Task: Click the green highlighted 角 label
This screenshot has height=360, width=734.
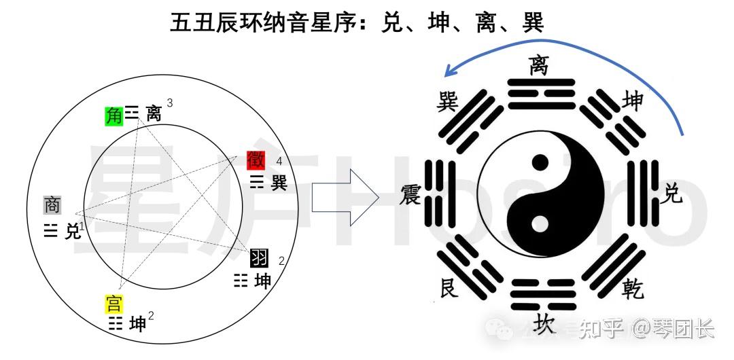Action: [113, 115]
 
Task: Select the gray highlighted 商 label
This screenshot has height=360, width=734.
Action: [52, 204]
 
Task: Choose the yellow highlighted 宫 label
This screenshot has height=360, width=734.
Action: [113, 303]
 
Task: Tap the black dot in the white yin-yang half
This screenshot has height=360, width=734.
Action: [540, 162]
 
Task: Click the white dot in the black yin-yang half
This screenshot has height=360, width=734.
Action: [540, 223]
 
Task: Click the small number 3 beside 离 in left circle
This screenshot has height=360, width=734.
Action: [169, 103]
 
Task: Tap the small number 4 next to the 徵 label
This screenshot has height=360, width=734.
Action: [279, 161]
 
